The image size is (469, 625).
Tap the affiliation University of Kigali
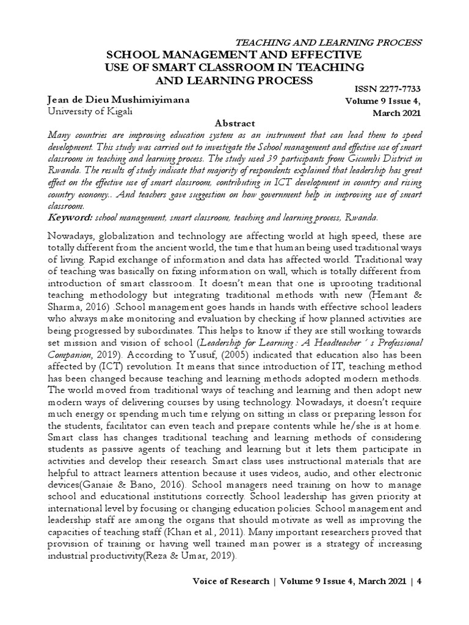tap(89, 112)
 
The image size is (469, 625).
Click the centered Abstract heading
tap(234, 122)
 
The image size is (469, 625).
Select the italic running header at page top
tap(329, 42)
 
